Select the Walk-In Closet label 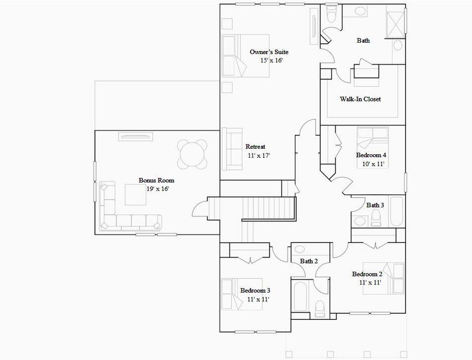361,99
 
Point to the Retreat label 255,147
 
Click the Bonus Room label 156,180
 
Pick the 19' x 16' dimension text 157,188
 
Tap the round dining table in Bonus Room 192,154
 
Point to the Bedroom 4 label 371,155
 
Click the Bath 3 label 375,205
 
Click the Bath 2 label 309,261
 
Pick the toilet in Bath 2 319,307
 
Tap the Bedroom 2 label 371,274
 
